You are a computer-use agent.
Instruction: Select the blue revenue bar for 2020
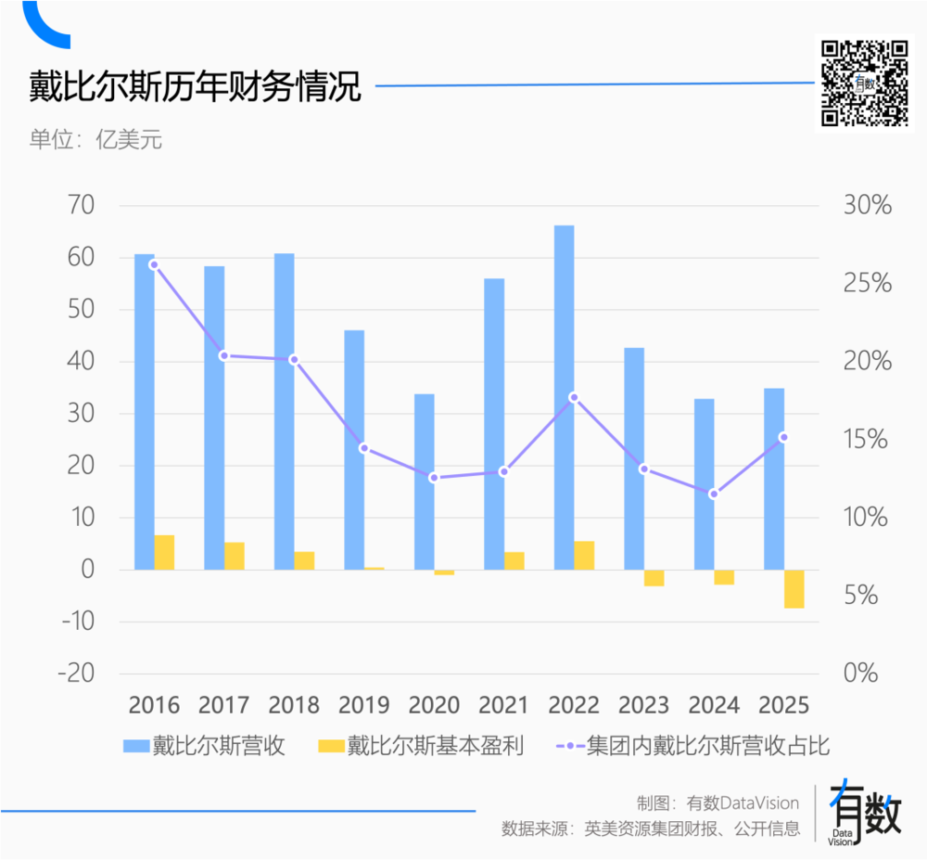424,481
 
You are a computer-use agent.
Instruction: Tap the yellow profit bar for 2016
164,552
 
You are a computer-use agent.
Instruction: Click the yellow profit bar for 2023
654,578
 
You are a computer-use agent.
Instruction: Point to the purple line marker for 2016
154,264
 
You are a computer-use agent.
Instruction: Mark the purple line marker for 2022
574,397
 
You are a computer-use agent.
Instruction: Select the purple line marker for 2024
713,494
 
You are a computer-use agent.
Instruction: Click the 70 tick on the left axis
83,205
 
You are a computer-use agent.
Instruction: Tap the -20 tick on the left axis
78,673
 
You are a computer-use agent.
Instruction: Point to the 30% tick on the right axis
868,205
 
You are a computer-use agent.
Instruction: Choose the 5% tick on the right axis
868,595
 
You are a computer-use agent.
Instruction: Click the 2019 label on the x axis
363,705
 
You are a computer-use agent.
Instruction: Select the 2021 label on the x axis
503,705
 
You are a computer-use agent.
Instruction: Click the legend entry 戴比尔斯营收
204,746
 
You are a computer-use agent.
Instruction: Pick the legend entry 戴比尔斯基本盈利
422,746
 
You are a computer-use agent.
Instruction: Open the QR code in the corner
865,83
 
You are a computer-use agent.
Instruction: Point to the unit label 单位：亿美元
95,141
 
